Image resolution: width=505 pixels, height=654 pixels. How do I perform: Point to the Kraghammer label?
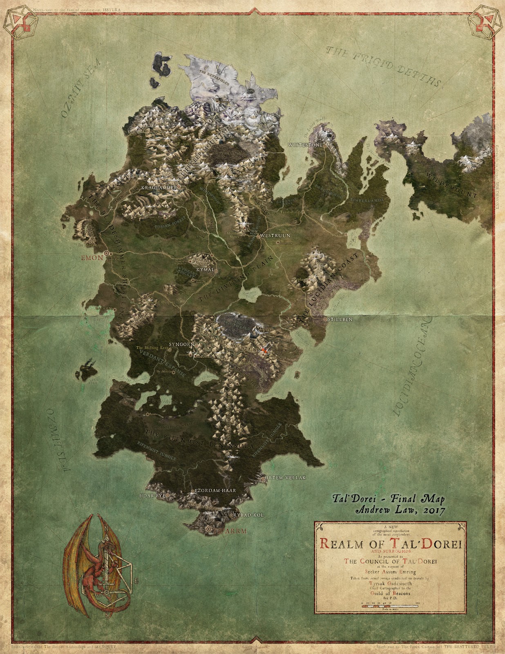[158, 187]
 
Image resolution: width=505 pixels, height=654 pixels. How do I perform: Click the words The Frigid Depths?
[384, 65]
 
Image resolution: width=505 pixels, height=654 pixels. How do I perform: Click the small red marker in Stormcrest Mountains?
[264, 351]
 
